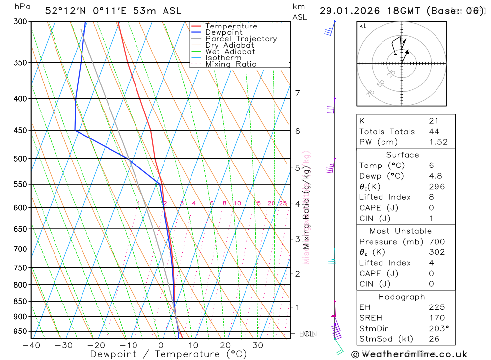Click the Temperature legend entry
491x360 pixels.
231,26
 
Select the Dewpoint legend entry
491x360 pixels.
223,32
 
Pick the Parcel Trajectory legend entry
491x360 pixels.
241,39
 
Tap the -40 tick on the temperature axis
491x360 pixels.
31,346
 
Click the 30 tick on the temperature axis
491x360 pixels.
258,346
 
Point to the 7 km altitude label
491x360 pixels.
297,93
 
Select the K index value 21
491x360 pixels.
434,121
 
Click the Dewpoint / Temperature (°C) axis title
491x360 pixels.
168,354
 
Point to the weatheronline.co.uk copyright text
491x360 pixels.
409,354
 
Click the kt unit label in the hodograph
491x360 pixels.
363,26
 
